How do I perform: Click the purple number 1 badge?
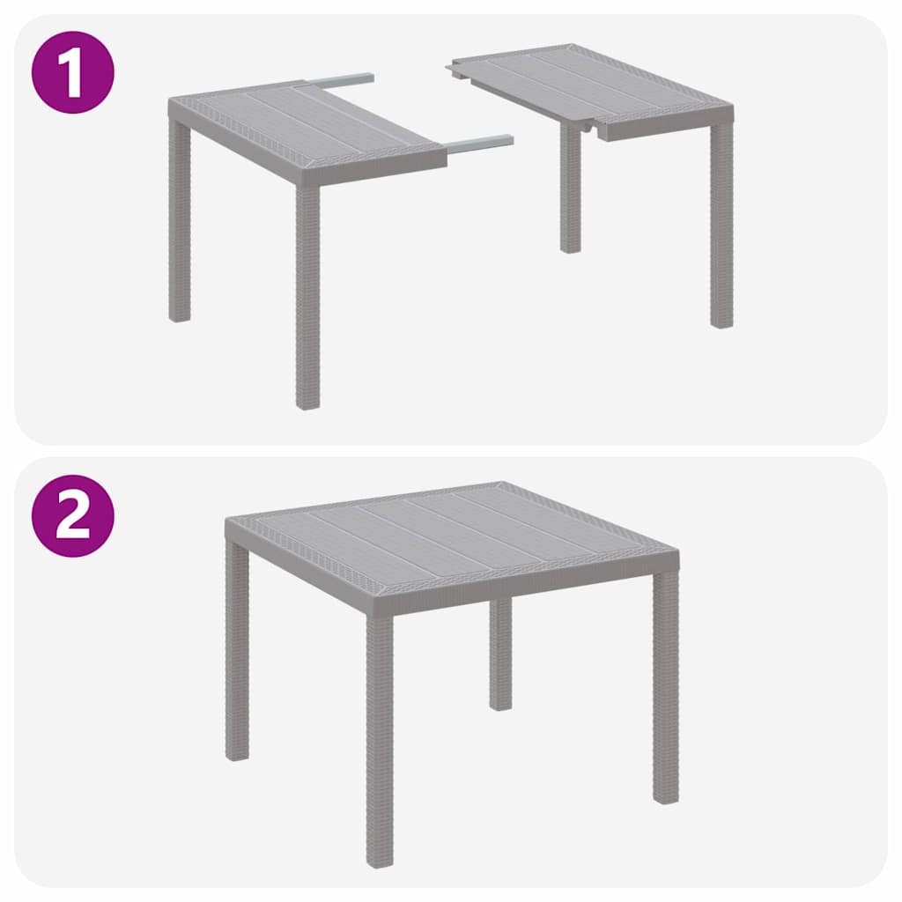73,72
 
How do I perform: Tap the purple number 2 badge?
73,515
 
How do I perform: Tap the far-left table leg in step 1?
180,220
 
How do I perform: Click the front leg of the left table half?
307,291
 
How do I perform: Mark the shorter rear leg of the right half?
571,189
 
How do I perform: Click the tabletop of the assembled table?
449,529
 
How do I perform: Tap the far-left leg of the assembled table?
237,652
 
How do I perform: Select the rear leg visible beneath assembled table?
500,652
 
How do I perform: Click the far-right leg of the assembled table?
666,687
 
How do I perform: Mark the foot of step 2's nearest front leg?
380,859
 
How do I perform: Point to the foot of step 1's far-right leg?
721,322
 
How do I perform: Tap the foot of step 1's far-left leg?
180,315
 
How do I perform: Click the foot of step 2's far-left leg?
237,754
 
